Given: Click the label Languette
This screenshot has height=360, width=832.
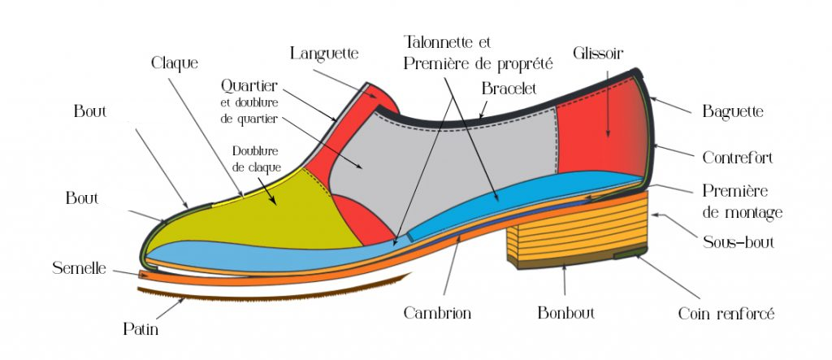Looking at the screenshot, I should click(x=325, y=54).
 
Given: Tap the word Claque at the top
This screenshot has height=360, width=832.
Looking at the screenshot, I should click(x=175, y=62).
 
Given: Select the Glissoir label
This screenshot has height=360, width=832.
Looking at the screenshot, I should click(x=597, y=53).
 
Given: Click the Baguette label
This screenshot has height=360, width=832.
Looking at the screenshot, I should click(x=733, y=112).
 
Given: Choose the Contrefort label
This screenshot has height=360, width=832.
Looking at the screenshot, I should click(x=737, y=157).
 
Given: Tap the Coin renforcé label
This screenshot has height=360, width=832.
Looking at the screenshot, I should click(x=726, y=313).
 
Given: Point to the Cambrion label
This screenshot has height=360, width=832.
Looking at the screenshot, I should click(x=437, y=313).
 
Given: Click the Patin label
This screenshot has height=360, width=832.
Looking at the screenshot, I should click(x=141, y=329).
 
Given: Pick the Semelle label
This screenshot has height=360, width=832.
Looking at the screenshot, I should click(x=79, y=267).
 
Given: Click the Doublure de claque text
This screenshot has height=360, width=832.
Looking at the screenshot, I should click(x=257, y=158).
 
